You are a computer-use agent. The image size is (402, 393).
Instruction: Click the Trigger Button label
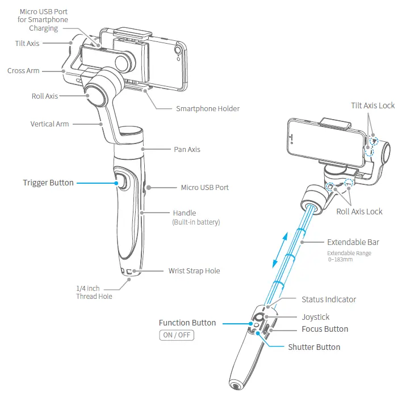[x=48, y=183]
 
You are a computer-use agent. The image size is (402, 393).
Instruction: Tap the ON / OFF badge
[x=177, y=335]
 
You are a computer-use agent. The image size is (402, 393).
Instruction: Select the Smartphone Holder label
[x=207, y=108]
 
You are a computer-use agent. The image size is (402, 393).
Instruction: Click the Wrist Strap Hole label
[x=194, y=271]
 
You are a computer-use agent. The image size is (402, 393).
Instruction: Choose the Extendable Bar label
[x=353, y=242]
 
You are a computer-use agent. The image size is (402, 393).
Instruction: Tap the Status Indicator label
[x=329, y=299]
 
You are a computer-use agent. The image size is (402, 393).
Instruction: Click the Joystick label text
[x=316, y=317]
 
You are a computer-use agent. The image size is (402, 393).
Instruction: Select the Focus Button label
[x=325, y=329]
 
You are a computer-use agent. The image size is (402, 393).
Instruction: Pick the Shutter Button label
[x=314, y=347]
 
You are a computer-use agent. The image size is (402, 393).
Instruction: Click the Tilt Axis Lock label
[x=372, y=106]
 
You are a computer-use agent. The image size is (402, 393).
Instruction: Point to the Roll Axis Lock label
[x=359, y=212]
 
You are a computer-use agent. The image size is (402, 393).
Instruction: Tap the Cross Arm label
[x=23, y=71]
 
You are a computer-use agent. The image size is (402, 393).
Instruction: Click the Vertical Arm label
[x=49, y=124]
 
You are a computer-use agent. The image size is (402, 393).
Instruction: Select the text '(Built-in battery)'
[x=196, y=222]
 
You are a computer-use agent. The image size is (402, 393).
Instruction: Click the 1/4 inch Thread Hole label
[x=94, y=293]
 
